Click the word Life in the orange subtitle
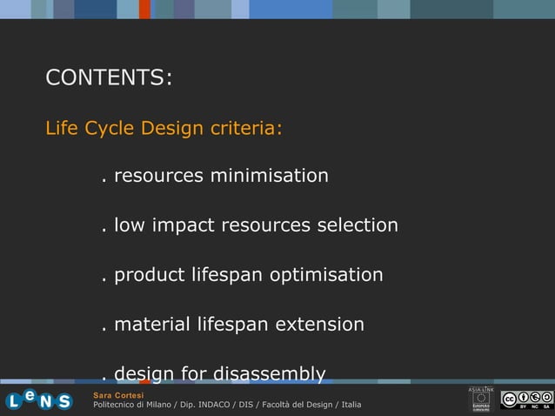pos(61,129)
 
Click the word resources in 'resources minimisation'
pos(159,177)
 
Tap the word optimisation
pos(326,276)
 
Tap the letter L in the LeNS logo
pos(14,401)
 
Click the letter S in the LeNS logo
pos(64,401)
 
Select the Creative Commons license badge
pos(525,400)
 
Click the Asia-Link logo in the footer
pos(481,399)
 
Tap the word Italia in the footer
pos(351,406)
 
